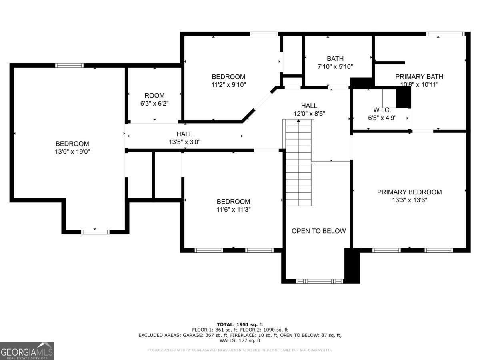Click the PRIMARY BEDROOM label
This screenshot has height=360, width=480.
[x=409, y=192]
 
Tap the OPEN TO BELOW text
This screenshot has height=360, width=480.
[x=318, y=231]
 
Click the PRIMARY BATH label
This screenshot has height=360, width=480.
[x=419, y=76]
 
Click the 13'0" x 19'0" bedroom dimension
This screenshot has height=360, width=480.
[x=72, y=152]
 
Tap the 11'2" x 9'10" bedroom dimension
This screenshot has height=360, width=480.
[x=228, y=84]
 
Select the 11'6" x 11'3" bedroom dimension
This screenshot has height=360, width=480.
[x=233, y=209]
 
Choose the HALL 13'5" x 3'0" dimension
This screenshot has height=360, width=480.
[x=184, y=142]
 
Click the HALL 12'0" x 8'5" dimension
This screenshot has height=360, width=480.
[x=309, y=113]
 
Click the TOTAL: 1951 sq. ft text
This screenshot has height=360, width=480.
[x=240, y=324]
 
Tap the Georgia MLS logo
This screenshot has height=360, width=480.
[x=27, y=351]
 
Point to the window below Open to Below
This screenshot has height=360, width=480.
[x=320, y=281]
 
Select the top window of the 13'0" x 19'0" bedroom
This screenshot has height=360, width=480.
[x=69, y=65]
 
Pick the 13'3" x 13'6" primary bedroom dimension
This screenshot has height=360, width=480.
[x=409, y=200]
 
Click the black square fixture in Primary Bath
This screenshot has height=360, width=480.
[x=403, y=97]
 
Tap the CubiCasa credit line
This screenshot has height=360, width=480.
[x=240, y=350]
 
